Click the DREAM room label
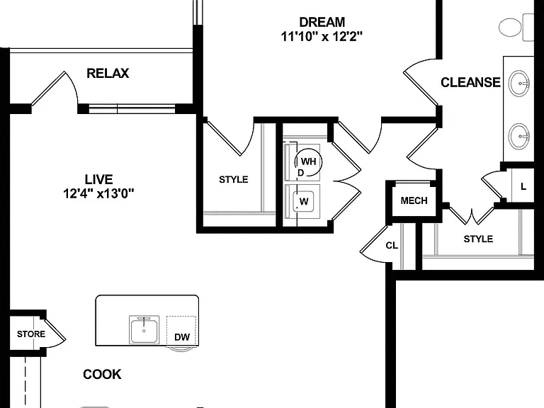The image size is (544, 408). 322,22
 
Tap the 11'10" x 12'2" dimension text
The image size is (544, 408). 322,36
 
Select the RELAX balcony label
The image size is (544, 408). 108,73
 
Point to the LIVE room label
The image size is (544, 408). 99,179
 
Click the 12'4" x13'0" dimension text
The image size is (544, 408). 98,193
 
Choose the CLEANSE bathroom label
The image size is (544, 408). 470,82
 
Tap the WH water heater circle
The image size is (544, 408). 308,161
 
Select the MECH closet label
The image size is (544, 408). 414,200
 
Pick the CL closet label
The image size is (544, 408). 392,246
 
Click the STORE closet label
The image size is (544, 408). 31,334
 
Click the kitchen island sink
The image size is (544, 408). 144,329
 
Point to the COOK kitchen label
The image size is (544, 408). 102,374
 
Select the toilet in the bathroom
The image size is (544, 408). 516,27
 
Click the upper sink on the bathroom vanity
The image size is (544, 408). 519,84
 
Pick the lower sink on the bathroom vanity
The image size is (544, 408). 519,136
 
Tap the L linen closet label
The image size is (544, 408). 523,187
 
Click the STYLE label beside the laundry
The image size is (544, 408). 234,180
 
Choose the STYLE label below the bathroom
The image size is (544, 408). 478,239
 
